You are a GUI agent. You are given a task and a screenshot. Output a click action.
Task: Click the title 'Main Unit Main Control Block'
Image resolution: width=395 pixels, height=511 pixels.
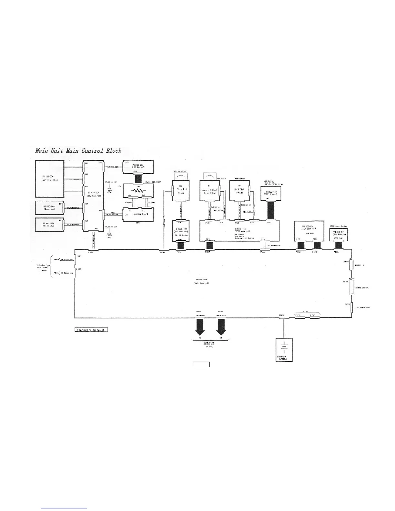click(x=78, y=151)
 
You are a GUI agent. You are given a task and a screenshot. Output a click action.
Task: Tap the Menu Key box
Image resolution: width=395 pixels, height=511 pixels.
click(x=49, y=207)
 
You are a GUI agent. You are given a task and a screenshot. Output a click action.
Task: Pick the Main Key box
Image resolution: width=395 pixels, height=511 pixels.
click(x=49, y=225)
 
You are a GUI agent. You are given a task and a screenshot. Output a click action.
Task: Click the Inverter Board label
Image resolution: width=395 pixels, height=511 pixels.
click(x=140, y=214)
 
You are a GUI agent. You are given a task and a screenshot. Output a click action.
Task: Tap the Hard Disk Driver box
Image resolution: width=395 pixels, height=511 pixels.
click(x=239, y=191)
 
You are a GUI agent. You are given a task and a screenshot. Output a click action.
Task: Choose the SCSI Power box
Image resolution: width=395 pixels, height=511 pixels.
click(x=270, y=193)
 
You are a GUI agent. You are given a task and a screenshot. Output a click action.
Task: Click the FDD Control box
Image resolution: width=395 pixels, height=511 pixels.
click(x=181, y=230)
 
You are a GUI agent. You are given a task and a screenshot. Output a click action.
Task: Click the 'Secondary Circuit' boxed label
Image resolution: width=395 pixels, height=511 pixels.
click(x=91, y=330)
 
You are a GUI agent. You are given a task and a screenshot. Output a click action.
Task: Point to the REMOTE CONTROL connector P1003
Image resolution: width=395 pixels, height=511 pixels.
click(x=351, y=286)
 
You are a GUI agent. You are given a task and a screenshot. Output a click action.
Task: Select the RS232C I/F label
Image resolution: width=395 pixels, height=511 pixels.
click(x=360, y=265)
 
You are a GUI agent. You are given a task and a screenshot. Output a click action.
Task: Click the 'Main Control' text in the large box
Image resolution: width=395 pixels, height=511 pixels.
click(x=201, y=283)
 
